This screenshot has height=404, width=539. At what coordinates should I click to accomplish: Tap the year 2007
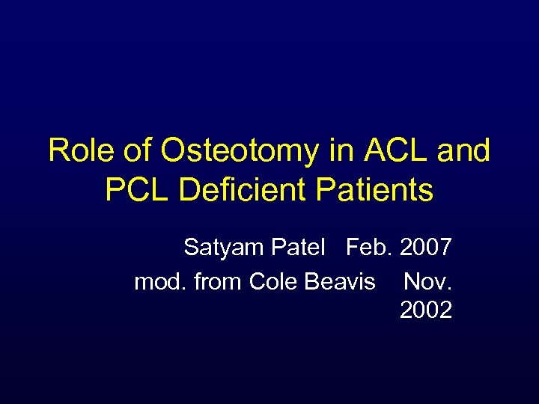[x=426, y=247]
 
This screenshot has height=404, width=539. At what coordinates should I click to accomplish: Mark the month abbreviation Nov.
[x=427, y=281]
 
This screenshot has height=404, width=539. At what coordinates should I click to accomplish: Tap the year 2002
[x=426, y=310]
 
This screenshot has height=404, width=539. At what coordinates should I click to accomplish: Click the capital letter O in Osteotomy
[x=173, y=151]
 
